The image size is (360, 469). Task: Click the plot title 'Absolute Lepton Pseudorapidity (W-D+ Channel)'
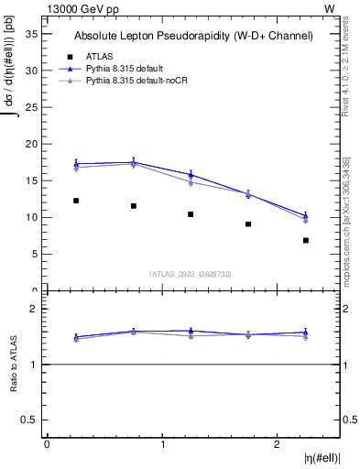pos(193,36)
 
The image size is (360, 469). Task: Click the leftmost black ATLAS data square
pos(76,201)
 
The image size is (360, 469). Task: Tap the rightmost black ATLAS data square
pos(306,240)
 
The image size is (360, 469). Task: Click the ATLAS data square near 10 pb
pos(191,214)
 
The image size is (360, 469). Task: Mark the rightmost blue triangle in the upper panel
pos(306,215)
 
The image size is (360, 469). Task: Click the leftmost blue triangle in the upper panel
pos(76,163)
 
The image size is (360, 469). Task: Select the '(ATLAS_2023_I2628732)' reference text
pos(191,273)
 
